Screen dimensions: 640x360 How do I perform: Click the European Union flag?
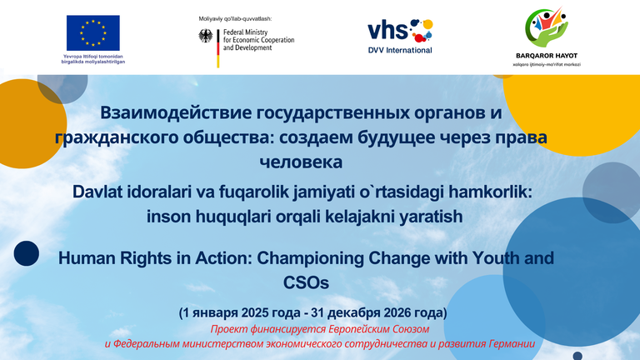[x=93, y=32]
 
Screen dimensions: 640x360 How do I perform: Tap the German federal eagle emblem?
[x=206, y=36]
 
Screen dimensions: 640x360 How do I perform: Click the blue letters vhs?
[x=387, y=30]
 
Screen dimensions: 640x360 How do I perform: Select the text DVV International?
[x=400, y=50]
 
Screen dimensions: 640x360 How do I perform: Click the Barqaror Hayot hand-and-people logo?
[x=546, y=27]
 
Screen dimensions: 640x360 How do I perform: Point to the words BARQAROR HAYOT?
[x=547, y=56]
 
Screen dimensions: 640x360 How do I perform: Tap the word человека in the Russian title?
[x=301, y=162]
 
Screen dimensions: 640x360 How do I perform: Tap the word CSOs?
[x=306, y=282]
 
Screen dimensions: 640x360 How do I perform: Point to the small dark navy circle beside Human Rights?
[x=27, y=253]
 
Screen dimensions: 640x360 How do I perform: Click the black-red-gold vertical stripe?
[x=218, y=48]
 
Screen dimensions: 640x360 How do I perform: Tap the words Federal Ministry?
[x=245, y=32]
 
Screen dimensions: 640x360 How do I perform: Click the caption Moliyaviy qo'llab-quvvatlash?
[x=235, y=19]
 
